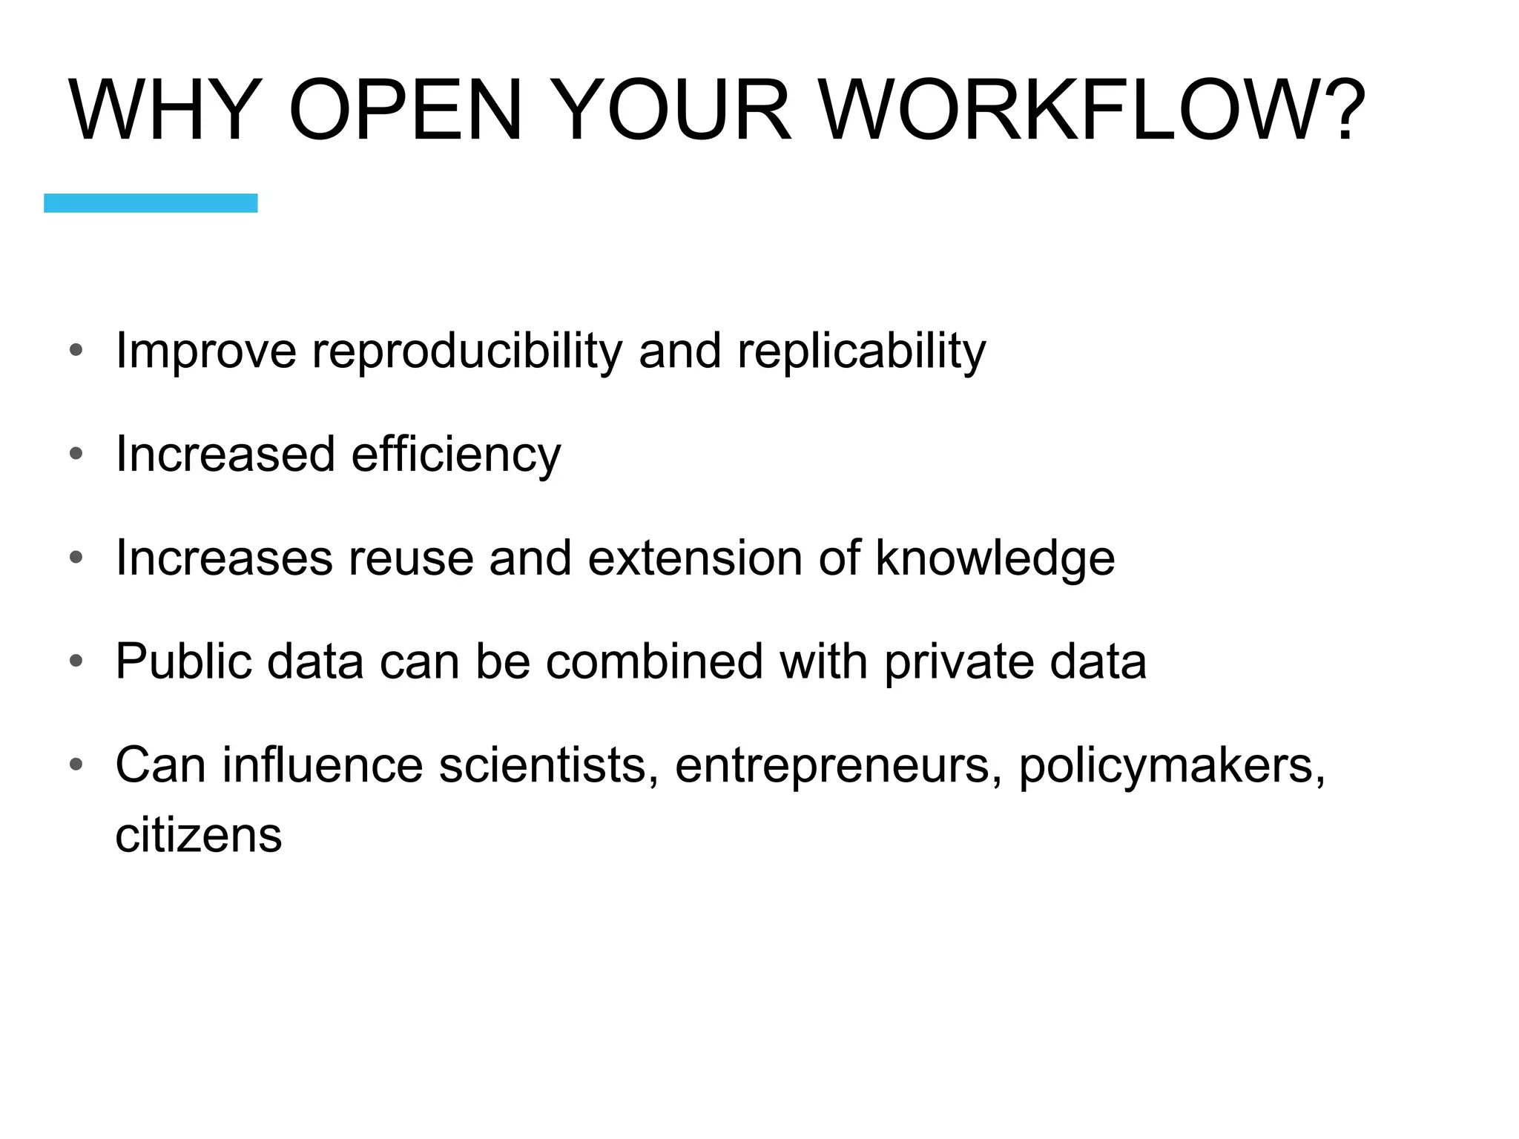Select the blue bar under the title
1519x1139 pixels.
pyautogui.click(x=151, y=203)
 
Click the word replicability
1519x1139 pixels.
pyautogui.click(x=861, y=351)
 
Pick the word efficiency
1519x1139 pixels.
pyautogui.click(x=456, y=455)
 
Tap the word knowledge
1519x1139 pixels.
pyautogui.click(x=995, y=558)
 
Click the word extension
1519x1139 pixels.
pyautogui.click(x=695, y=558)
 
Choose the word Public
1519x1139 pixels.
pyautogui.click(x=183, y=661)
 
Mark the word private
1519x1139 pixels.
pyautogui.click(x=959, y=661)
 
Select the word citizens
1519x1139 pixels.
pyautogui.click(x=199, y=836)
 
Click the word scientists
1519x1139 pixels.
pyautogui.click(x=549, y=765)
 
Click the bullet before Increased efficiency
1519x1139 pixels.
pyautogui.click(x=76, y=454)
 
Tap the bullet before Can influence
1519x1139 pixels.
pyautogui.click(x=76, y=764)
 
